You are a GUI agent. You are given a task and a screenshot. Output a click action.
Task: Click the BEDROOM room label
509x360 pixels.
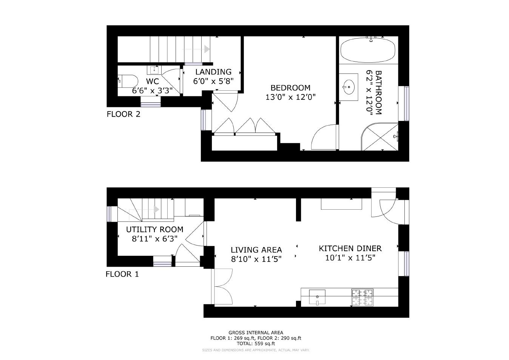click(x=290, y=88)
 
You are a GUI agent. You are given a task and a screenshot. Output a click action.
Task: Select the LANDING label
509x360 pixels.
click(x=213, y=72)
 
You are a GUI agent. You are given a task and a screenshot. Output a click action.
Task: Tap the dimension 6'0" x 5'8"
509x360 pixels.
click(x=213, y=81)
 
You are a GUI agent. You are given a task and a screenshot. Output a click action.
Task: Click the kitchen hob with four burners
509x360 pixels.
click(x=362, y=297)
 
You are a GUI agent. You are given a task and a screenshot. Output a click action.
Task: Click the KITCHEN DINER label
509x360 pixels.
click(x=350, y=248)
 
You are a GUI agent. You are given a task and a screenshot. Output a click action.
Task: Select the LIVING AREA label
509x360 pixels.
click(x=256, y=250)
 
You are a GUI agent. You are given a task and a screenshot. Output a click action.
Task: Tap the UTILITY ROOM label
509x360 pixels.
click(x=154, y=229)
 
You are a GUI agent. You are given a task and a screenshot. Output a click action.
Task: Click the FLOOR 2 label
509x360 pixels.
click(x=123, y=114)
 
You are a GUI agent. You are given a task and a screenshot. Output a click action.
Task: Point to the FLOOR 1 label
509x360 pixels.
click(x=122, y=274)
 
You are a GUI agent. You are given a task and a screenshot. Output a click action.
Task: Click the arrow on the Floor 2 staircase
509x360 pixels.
click(x=206, y=49)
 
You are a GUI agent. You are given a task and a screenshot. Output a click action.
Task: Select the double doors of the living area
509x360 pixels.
click(x=222, y=286)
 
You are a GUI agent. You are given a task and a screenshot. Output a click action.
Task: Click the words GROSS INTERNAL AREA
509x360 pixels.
click(x=256, y=333)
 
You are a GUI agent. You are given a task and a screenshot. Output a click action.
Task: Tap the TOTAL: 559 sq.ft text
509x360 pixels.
click(x=256, y=344)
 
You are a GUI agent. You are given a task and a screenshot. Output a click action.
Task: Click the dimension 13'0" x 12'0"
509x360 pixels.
click(x=290, y=97)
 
